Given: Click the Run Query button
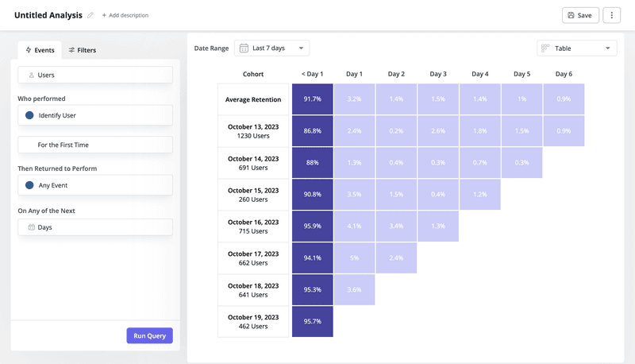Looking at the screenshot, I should [149, 335].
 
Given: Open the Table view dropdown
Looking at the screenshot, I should [576, 48].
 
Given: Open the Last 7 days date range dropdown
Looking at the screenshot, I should [272, 48].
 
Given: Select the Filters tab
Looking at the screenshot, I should [82, 50].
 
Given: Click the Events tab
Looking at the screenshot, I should [40, 50].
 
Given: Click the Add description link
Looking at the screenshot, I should [125, 15].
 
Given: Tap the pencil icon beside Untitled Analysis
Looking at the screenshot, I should [90, 15].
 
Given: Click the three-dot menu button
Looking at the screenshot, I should [611, 15].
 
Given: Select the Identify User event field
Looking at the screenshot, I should [95, 115].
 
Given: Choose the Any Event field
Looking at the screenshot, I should [95, 185].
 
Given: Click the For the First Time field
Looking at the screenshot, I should [95, 145].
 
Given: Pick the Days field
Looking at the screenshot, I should [95, 227].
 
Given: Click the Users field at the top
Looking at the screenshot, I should [95, 75].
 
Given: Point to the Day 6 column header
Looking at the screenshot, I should [564, 74].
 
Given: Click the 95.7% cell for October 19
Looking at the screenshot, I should [312, 322].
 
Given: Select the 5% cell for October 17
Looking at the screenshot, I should [354, 258].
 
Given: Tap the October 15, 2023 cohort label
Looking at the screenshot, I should [253, 195].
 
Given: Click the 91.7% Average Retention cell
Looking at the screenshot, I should [312, 99].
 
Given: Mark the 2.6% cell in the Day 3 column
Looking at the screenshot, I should [438, 131].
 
